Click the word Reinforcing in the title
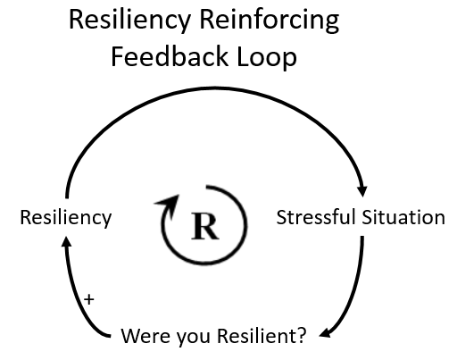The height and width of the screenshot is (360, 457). [269, 21]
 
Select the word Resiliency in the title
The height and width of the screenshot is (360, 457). [129, 21]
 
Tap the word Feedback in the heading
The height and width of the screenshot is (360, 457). [170, 56]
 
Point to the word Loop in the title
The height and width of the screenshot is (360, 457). [267, 56]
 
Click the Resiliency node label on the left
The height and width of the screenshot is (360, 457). [66, 218]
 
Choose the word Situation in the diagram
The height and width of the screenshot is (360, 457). [403, 217]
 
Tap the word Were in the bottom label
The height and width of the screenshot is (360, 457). [145, 336]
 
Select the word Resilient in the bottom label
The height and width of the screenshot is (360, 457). [256, 335]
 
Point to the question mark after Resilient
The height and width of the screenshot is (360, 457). [301, 335]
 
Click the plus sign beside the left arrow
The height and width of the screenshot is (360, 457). [89, 299]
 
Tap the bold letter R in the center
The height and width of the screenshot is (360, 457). [205, 226]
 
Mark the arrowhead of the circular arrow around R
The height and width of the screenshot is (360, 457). [168, 204]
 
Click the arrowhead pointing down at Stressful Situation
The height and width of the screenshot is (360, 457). [362, 191]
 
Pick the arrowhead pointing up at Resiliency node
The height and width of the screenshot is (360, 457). [67, 240]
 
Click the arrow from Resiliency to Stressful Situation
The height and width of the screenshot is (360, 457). [215, 88]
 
